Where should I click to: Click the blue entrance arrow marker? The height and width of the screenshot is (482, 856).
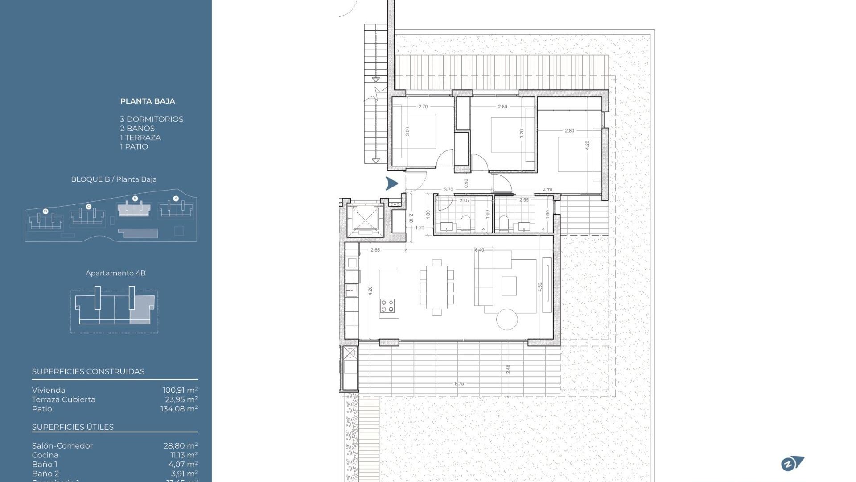click(391, 183)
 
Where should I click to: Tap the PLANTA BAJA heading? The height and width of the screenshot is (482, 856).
click(148, 101)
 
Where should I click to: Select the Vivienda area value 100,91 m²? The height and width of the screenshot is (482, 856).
click(180, 390)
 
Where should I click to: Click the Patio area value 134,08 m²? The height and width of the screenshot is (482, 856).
click(179, 409)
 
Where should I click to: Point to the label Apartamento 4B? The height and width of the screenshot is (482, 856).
click(115, 273)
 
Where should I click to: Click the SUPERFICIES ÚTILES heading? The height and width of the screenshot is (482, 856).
click(73, 427)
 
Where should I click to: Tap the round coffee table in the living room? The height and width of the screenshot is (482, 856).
click(507, 319)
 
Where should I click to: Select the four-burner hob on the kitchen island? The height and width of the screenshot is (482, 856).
click(387, 306)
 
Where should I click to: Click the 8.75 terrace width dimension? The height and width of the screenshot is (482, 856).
click(459, 384)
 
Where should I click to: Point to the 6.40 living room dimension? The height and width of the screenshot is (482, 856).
click(479, 250)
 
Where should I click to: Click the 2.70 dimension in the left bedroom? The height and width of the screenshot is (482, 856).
click(423, 107)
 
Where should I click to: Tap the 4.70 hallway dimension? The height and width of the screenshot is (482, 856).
click(547, 190)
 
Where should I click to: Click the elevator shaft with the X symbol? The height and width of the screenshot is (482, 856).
click(365, 220)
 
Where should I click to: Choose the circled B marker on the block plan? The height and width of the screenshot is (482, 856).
click(135, 199)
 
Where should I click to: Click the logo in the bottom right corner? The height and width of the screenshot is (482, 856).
click(792, 464)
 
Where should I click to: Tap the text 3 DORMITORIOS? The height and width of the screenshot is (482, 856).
click(152, 120)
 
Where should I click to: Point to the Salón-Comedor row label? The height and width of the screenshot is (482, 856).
click(62, 446)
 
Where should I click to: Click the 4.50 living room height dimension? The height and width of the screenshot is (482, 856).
click(540, 287)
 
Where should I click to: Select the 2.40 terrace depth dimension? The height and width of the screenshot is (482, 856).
click(508, 369)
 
